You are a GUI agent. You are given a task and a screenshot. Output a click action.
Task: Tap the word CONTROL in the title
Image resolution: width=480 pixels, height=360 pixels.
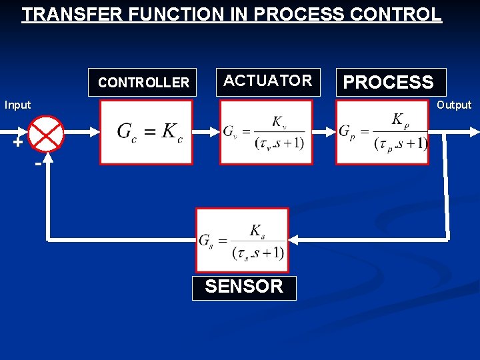tap(401, 15)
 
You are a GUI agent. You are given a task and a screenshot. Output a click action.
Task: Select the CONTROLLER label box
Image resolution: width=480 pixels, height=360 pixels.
tap(143, 83)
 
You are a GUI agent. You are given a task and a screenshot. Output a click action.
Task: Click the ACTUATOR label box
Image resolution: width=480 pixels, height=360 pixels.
tap(268, 81)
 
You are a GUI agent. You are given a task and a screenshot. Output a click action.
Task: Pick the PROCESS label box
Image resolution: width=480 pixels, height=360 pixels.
tap(389, 83)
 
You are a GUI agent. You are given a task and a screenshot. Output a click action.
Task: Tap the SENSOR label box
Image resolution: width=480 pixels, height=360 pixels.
tap(244, 287)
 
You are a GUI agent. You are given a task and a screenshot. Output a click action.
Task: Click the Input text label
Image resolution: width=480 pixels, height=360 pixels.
tap(18, 105)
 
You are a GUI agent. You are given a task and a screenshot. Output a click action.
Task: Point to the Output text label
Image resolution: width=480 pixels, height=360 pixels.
tap(453, 105)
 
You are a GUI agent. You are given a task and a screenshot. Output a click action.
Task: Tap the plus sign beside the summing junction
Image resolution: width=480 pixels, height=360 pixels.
tap(17, 142)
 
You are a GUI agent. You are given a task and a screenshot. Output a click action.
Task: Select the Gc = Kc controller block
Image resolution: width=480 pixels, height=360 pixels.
tap(147, 132)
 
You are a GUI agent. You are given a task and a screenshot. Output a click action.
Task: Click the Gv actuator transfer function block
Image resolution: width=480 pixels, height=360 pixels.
tap(265, 132)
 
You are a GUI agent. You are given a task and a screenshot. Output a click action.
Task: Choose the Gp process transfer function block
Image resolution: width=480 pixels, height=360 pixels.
tap(382, 132)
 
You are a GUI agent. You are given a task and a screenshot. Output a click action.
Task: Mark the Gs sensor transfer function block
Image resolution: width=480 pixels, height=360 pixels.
tap(242, 240)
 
